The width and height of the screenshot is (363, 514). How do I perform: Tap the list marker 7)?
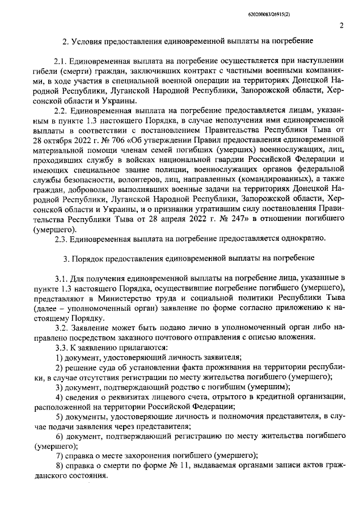click(x=58, y=456)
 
